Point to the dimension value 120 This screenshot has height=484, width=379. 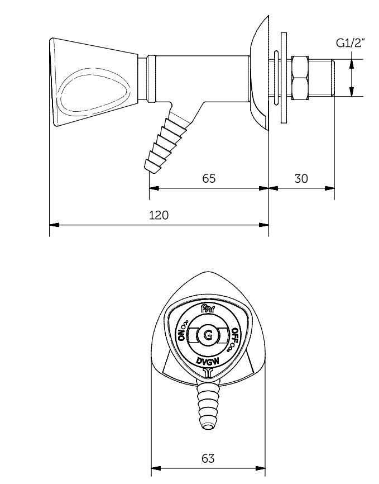(x=159, y=215)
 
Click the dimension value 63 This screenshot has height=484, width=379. (x=208, y=459)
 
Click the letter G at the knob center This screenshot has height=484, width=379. (x=208, y=335)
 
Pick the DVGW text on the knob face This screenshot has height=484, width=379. (x=208, y=360)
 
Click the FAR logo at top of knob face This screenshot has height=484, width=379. (x=208, y=309)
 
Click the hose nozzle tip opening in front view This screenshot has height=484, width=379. (x=208, y=427)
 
